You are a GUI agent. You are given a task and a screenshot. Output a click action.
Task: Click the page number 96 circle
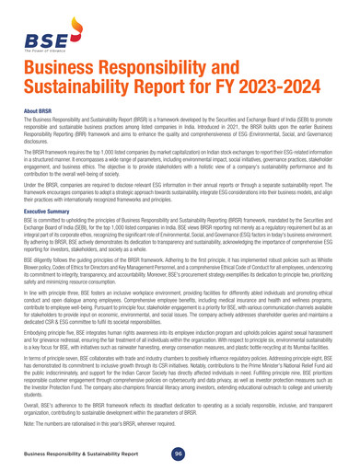tap(180, 454)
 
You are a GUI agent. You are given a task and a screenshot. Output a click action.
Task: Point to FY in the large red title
tap(250, 111)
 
